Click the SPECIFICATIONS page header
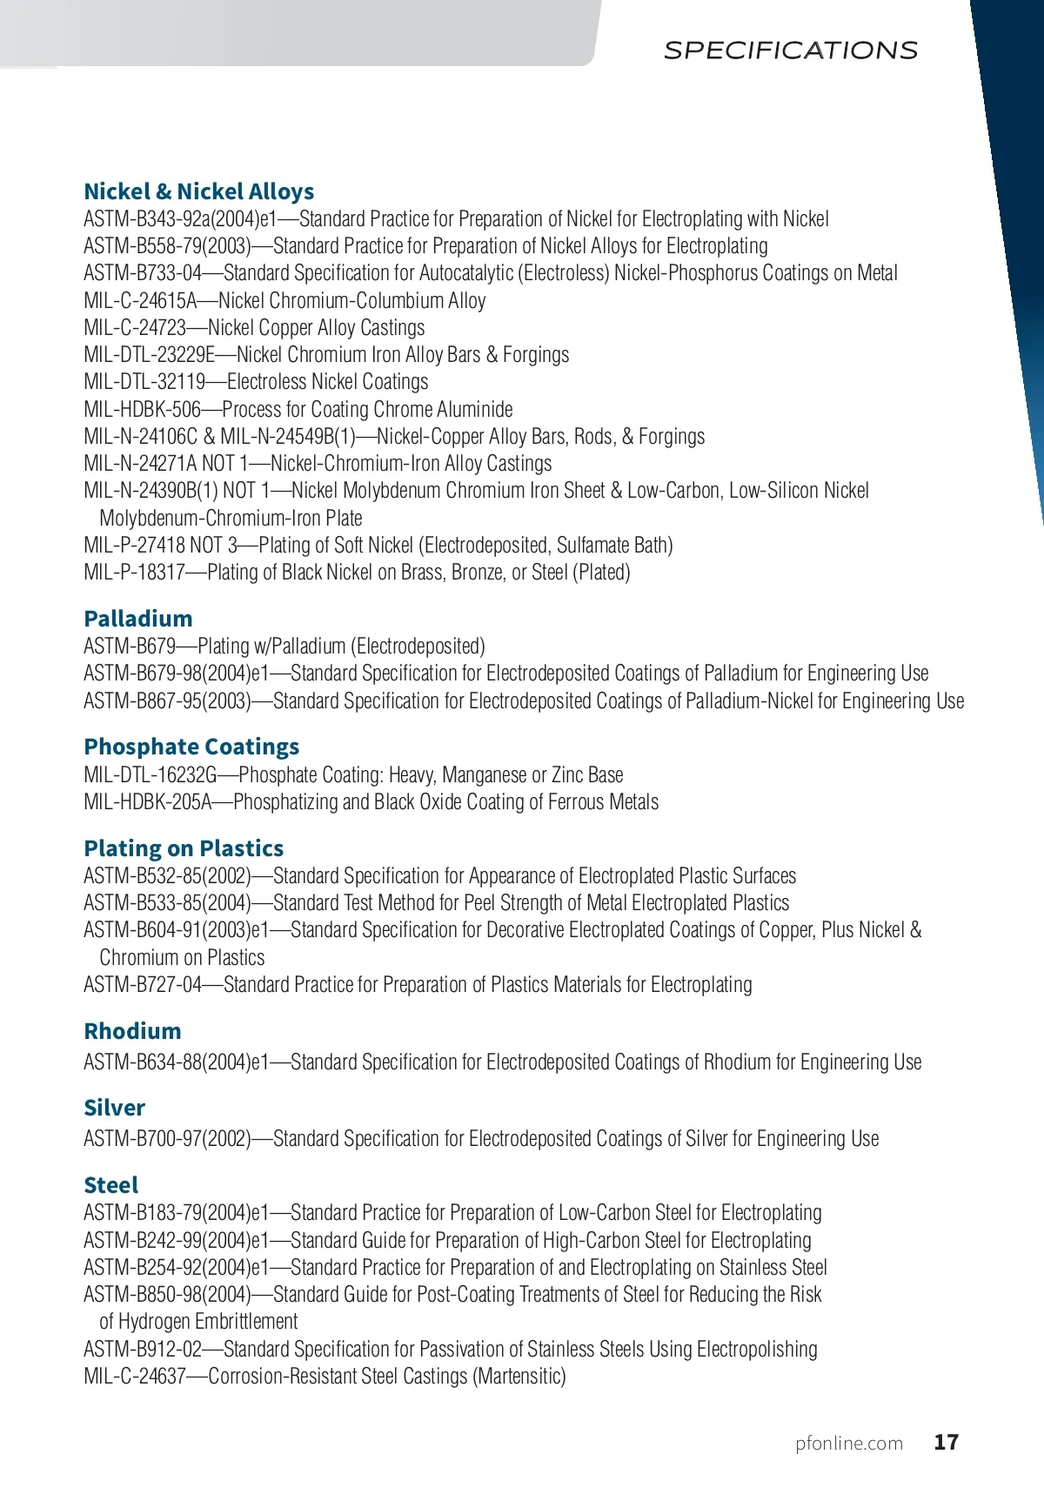(790, 50)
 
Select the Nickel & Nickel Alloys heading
(198, 191)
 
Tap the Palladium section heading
(137, 619)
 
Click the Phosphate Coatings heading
(191, 747)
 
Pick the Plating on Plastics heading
(184, 848)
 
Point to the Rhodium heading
(132, 1031)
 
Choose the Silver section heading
(114, 1108)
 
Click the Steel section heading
(110, 1185)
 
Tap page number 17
(946, 1443)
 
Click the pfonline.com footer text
(848, 1444)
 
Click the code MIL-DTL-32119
(144, 382)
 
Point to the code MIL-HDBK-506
(142, 410)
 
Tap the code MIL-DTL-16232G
(150, 775)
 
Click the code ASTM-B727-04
(143, 985)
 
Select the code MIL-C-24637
(135, 1377)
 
